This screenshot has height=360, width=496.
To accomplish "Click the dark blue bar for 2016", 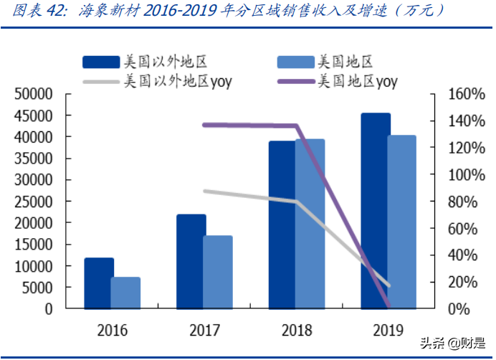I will click(x=99, y=283).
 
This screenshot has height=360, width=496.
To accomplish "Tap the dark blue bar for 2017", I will click(x=191, y=262).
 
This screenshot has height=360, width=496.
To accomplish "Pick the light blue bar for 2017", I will click(x=218, y=272).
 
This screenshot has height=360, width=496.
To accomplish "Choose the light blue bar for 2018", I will click(x=310, y=224).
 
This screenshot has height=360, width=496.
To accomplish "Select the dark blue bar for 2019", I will click(x=376, y=211).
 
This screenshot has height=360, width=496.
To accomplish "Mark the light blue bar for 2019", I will click(x=402, y=222).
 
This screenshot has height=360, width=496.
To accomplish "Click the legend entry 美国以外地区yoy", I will click(x=178, y=81).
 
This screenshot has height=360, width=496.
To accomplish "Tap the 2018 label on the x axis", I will click(x=296, y=331).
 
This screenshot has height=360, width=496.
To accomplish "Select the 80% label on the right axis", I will click(x=452, y=202).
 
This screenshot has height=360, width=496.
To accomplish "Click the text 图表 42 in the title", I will click(x=34, y=11).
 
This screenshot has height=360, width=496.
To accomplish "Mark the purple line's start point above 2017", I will click(x=204, y=125).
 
